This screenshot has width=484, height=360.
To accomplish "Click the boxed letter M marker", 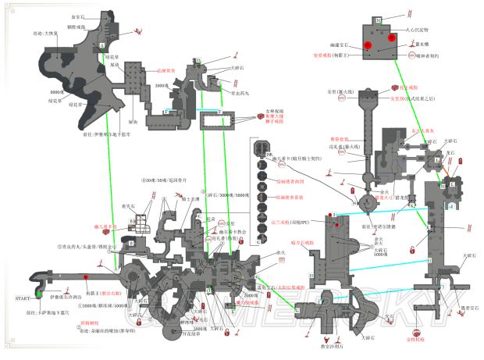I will pos(377,19).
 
